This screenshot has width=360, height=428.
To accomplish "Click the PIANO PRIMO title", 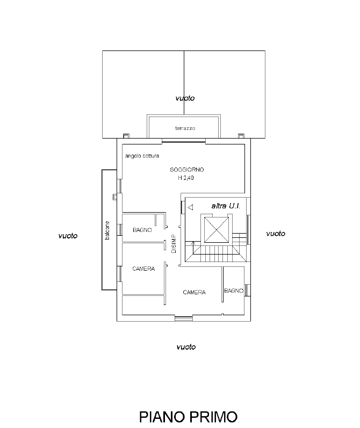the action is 188,417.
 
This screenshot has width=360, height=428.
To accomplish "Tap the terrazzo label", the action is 185,128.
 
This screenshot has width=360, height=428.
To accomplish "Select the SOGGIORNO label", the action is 187,170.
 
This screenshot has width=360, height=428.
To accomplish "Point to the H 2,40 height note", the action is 186,178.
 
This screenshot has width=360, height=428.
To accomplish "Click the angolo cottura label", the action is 142,156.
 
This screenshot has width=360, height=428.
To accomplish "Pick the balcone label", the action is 107,230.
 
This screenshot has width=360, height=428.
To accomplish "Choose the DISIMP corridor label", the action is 174,244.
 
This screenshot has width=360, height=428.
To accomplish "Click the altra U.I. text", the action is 226,206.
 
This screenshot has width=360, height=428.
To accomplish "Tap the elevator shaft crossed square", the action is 217,230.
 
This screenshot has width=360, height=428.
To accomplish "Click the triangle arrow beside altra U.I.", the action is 190,207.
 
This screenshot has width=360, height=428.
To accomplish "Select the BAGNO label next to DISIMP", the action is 142,230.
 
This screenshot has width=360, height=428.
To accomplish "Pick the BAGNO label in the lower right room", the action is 234,291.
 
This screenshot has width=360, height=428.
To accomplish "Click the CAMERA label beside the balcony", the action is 143,269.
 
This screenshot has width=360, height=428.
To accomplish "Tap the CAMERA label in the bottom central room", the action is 194,292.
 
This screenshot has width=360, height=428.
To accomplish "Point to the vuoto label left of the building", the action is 68,236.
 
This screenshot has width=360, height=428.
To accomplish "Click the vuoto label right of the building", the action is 276,234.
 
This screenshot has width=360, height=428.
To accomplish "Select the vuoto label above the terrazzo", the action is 185,98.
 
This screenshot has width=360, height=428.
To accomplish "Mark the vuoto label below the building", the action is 186,347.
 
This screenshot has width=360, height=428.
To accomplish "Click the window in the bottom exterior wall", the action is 184,318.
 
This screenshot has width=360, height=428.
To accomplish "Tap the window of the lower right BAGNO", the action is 248,290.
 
